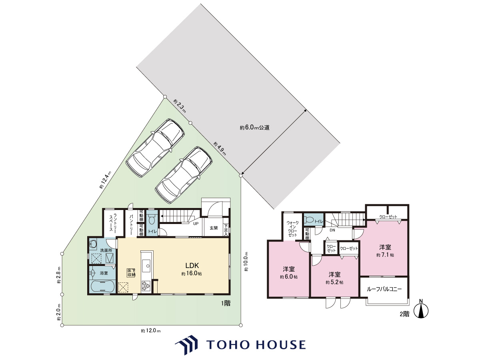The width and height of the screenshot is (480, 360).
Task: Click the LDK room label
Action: (192, 265)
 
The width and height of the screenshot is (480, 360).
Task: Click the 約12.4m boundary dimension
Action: (105, 180)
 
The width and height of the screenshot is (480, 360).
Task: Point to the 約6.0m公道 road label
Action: (254, 128)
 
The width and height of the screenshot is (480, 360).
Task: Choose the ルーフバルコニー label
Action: (384, 289)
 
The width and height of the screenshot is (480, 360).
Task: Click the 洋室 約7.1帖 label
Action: (385, 251)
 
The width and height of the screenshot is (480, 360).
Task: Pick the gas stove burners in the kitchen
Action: (146, 286)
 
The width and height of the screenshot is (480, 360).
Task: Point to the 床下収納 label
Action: (131, 273)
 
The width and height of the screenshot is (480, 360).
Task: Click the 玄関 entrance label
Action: (214, 228)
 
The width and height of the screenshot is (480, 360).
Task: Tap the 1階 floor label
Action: (226, 303)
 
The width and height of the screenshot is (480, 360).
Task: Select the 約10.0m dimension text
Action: (246, 262)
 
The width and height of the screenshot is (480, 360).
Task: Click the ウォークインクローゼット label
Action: (292, 229)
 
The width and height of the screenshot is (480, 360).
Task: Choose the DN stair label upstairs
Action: (332, 230)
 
